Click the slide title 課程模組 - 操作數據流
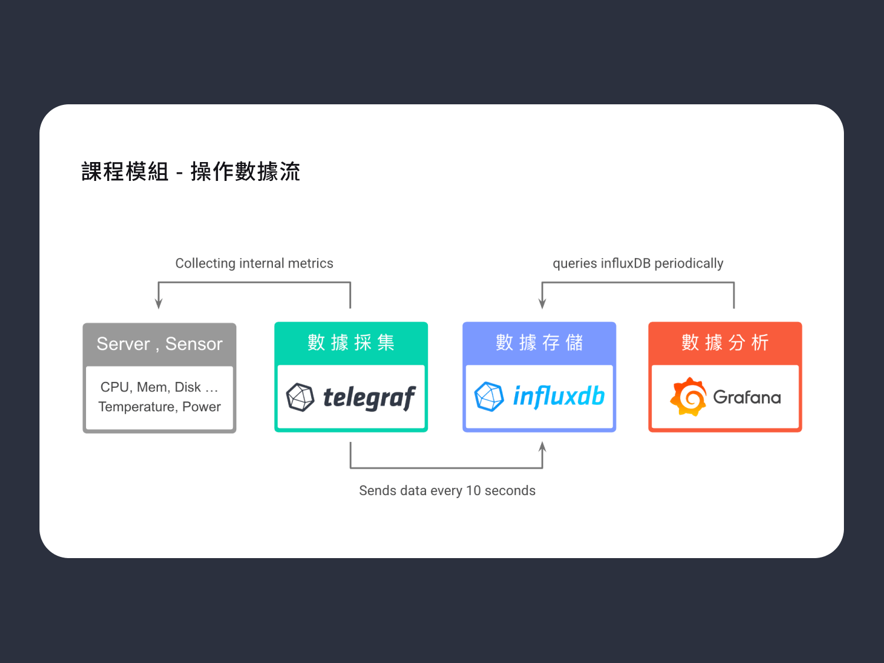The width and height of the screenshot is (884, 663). click(190, 171)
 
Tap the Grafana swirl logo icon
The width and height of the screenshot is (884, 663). click(688, 397)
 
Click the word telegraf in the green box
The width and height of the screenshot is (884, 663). click(369, 398)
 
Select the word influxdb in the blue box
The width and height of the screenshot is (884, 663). click(559, 397)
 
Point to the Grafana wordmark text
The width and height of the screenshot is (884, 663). click(747, 397)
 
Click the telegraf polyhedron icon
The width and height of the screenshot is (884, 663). click(300, 397)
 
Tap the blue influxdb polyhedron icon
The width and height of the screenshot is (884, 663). click(489, 397)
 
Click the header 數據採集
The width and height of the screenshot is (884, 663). click(351, 342)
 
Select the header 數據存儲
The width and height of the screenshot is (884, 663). click(539, 342)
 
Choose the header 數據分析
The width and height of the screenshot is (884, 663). click(725, 342)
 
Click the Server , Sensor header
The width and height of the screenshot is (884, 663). click(160, 344)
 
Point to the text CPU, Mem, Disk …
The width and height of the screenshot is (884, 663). click(159, 387)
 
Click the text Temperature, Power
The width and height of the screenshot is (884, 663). click(159, 407)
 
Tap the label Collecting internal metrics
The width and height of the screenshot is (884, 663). click(254, 263)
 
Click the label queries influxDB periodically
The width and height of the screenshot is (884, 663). click(638, 263)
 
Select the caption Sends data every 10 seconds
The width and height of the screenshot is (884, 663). click(447, 490)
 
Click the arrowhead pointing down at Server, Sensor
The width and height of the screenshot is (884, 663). click(159, 304)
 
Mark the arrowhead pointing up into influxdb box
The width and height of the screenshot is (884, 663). click(542, 447)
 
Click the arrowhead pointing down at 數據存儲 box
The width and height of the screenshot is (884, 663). click(542, 304)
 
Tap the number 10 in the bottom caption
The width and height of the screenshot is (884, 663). click(473, 490)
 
